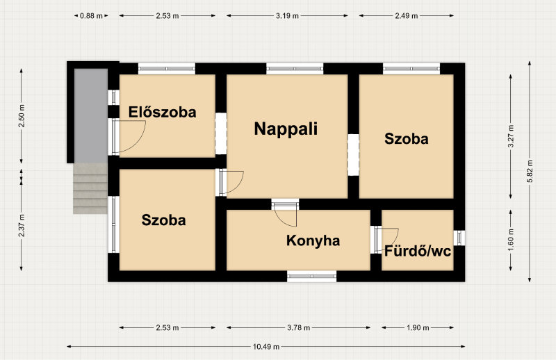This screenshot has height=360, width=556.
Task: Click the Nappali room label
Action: point(286,129)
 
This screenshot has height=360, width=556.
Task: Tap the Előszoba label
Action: point(162,112)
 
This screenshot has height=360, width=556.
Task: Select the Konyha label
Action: point(313,240)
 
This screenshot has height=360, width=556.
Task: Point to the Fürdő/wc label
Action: point(418,251)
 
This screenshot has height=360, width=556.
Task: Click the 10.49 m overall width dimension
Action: point(266,347)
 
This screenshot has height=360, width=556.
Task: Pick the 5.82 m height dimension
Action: point(530,171)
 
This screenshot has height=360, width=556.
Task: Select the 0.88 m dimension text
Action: point(91,15)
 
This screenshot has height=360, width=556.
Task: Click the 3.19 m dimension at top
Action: point(287,15)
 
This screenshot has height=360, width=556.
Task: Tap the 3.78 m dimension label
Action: point(299,328)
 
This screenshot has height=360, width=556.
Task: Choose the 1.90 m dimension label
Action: point(418,328)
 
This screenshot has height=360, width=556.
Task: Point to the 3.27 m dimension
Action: point(511,136)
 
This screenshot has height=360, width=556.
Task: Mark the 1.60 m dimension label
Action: point(511,240)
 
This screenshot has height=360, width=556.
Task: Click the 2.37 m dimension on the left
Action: point(22,226)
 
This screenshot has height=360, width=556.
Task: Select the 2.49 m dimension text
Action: point(407,15)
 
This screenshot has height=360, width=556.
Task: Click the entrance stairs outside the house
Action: point(90,188)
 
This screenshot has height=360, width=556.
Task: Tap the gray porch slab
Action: point(91,115)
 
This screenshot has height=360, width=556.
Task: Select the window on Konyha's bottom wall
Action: point(311,277)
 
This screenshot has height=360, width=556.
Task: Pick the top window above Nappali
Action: point(295,68)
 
